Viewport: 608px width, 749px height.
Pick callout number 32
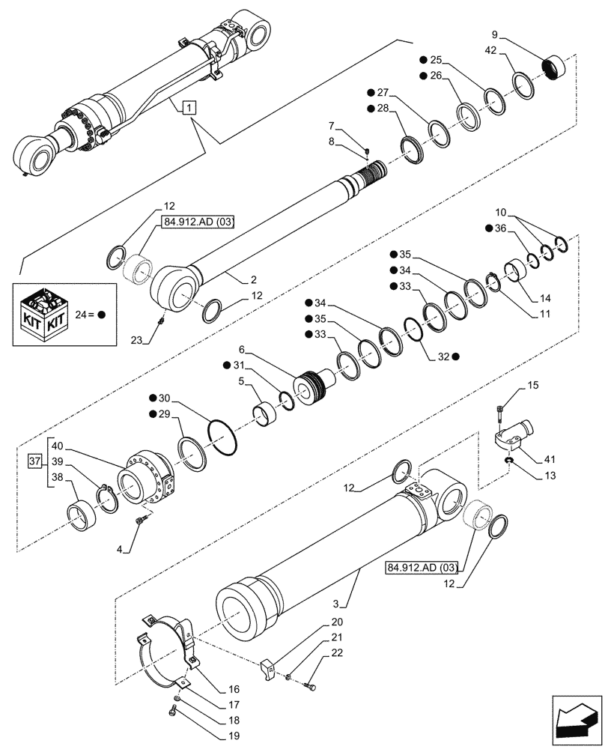tap(446, 357)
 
